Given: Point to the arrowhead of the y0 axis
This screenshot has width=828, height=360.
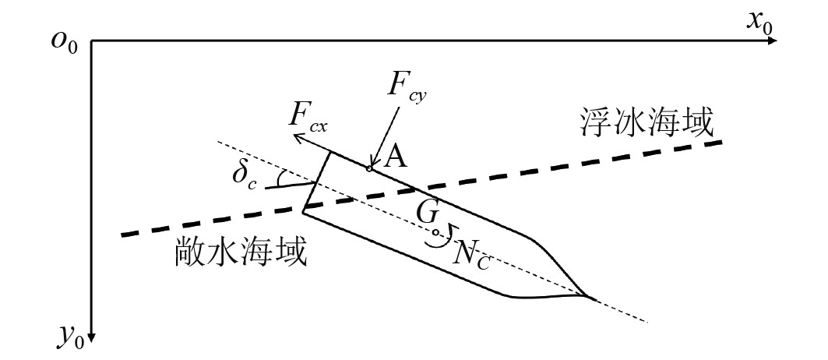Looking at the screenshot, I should pyautogui.click(x=92, y=337).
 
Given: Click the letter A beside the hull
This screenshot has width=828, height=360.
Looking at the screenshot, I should pyautogui.click(x=396, y=158).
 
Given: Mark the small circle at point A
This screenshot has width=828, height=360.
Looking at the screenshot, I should pyautogui.click(x=370, y=168).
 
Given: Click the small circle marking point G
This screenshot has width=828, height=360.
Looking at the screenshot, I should pyautogui.click(x=435, y=231).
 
